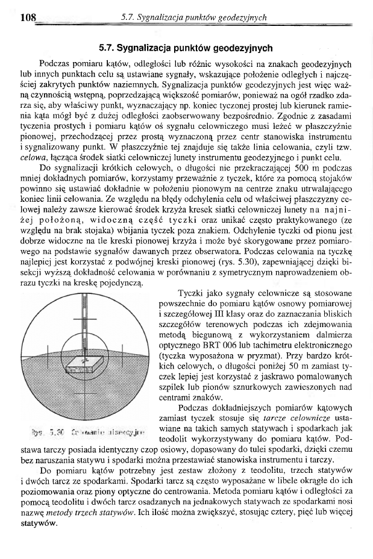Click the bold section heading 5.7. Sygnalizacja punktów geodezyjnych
click(186, 47)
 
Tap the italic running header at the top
click(193, 18)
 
